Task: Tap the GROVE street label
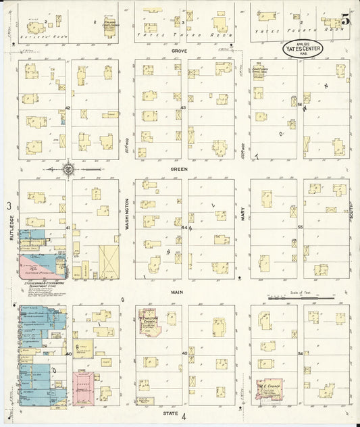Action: click(179, 50)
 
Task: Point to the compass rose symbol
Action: click(69, 168)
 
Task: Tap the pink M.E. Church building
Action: click(269, 389)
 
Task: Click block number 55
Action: click(300, 227)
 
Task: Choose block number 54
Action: click(300, 353)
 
